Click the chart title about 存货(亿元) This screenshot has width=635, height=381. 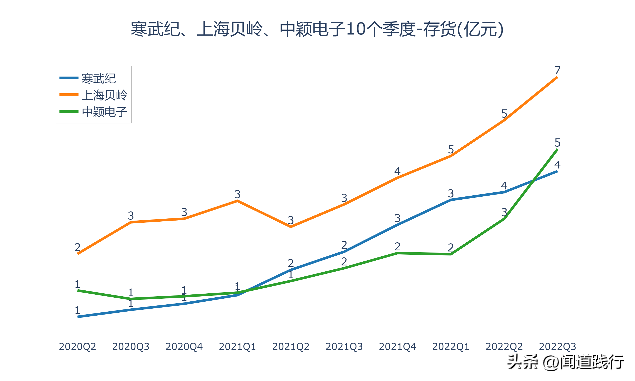click(317, 29)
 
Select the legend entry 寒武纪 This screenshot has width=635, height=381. click(99, 78)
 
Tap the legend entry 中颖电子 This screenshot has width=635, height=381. click(105, 112)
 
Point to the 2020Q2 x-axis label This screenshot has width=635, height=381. click(77, 346)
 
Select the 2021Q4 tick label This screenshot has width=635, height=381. click(397, 346)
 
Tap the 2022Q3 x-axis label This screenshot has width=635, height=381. click(557, 346)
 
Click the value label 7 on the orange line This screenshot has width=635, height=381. click(557, 70)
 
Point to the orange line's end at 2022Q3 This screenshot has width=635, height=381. click(557, 77)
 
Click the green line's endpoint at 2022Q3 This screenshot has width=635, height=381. click(557, 149)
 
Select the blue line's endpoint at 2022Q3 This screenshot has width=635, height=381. click(557, 171)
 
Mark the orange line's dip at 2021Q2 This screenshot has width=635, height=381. click(291, 227)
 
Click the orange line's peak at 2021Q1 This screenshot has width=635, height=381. click(237, 201)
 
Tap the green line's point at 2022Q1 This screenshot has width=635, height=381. click(451, 254)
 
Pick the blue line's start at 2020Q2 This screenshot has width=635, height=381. click(78, 317)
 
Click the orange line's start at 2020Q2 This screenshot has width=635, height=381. click(78, 254)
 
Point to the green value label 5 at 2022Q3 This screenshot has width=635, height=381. click(557, 142)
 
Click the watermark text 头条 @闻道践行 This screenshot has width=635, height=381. click(565, 362)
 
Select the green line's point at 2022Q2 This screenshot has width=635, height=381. click(504, 219)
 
